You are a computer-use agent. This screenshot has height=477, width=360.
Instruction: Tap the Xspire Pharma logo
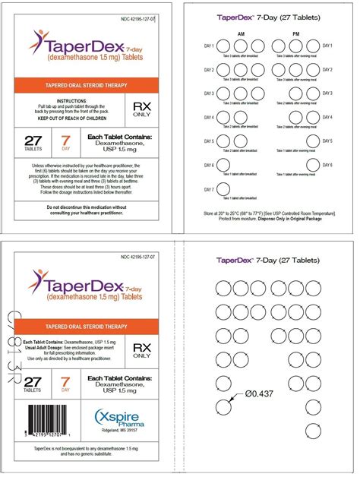[118, 419]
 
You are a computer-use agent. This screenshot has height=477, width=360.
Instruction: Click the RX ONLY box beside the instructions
[142, 109]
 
